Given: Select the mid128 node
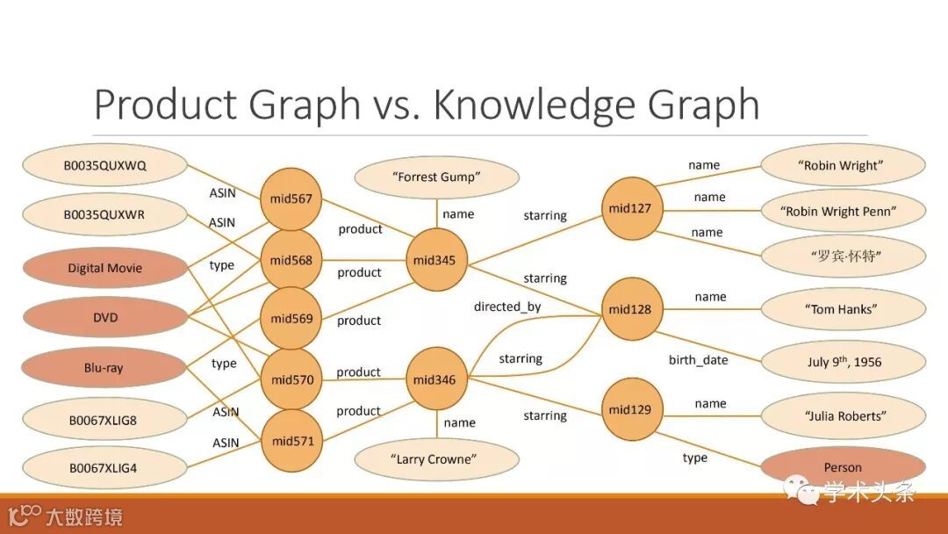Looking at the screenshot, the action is [630, 309].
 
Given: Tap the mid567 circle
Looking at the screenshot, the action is [291, 199].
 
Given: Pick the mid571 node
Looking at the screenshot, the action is [292, 441].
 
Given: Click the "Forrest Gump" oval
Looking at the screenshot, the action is [436, 177].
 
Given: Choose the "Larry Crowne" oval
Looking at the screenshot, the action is [436, 459].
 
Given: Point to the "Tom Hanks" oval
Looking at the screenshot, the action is [842, 309].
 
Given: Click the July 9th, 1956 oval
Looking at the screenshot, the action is [844, 362].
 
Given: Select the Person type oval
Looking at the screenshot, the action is [842, 467].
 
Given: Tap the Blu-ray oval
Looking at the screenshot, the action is [104, 368].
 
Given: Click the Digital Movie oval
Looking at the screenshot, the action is [104, 269].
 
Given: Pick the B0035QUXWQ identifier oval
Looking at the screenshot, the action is [104, 165].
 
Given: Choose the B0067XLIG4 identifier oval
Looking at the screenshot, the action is [104, 468].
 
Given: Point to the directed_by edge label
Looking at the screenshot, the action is [507, 307].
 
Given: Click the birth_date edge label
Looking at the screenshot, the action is [699, 360].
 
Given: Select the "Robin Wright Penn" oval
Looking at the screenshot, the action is [842, 211].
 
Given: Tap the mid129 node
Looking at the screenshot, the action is [630, 409].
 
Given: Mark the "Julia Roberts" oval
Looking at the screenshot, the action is [842, 415].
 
